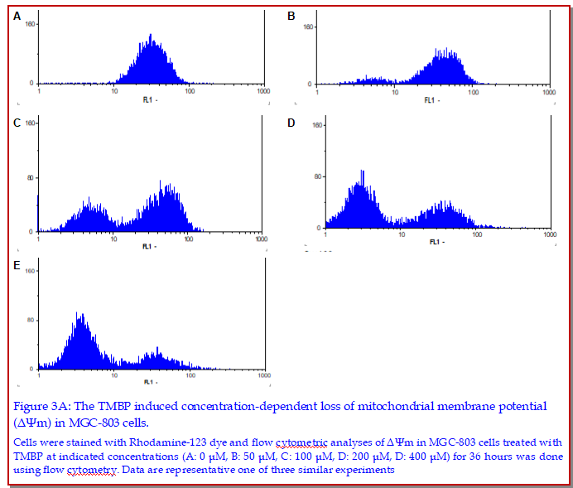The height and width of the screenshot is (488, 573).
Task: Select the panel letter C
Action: point(17,123)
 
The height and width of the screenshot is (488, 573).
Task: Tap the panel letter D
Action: point(291,123)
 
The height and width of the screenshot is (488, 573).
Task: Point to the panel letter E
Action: point(17,265)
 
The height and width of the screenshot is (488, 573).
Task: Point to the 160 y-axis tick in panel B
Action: point(307,27)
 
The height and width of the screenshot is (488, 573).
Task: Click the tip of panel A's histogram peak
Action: point(151,35)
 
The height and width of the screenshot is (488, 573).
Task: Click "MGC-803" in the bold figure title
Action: point(82,423)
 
